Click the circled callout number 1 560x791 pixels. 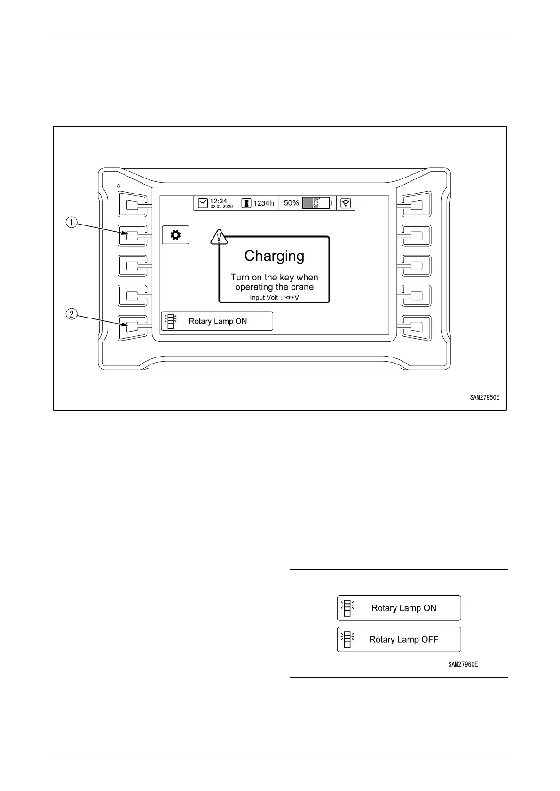71,222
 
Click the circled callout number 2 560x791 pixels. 71,314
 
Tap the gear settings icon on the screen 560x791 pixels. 175,235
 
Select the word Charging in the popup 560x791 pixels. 274,256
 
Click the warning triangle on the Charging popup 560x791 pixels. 219,237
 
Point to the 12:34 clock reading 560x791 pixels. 218,201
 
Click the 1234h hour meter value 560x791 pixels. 263,203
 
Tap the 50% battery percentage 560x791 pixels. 291,203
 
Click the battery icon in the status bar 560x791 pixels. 317,203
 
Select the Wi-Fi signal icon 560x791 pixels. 346,203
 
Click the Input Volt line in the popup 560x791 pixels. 274,298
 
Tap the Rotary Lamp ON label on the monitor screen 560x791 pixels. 218,321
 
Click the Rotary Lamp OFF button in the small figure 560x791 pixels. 399,639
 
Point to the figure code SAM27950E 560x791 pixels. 484,397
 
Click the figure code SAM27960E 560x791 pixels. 463,664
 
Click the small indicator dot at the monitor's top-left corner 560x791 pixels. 118,186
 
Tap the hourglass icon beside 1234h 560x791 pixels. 246,203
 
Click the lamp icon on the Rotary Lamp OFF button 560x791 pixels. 347,639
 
